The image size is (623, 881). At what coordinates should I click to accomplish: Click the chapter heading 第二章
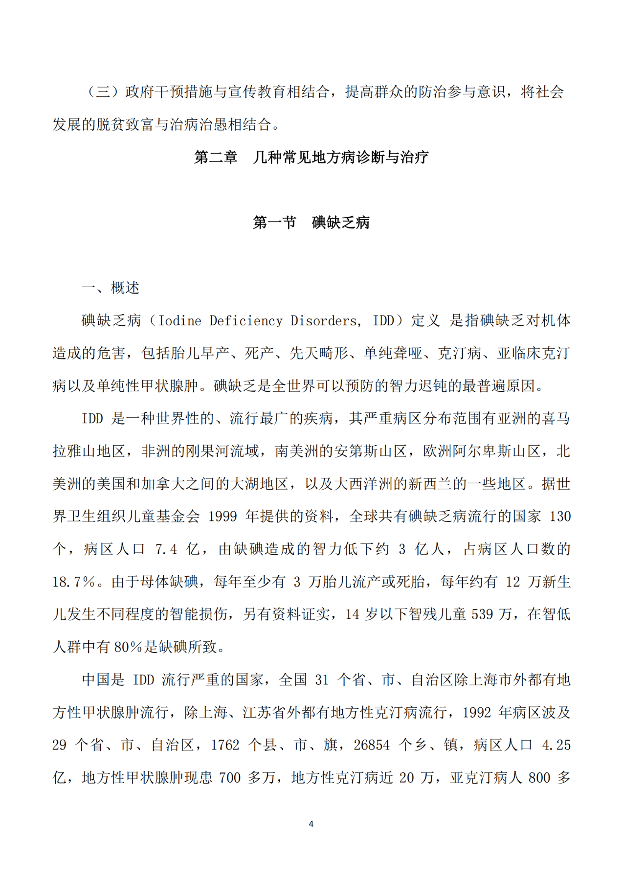click(x=215, y=157)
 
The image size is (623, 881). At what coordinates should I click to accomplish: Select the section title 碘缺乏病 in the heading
click(x=341, y=223)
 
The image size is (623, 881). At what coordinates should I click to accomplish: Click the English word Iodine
click(x=180, y=321)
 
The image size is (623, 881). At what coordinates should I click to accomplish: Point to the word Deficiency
click(x=246, y=321)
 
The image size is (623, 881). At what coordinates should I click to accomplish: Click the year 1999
click(x=222, y=517)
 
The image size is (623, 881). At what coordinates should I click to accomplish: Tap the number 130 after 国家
click(x=560, y=517)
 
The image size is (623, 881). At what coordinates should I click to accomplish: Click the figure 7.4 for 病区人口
click(x=166, y=549)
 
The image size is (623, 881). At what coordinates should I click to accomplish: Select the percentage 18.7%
click(x=74, y=582)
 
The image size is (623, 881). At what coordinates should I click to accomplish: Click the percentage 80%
click(x=128, y=647)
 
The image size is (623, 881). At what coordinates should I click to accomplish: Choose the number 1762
click(x=225, y=745)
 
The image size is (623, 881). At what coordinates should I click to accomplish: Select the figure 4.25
click(x=556, y=745)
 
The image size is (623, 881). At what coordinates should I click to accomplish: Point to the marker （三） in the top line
click(x=103, y=92)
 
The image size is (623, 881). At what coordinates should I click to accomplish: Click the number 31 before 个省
click(x=321, y=680)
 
